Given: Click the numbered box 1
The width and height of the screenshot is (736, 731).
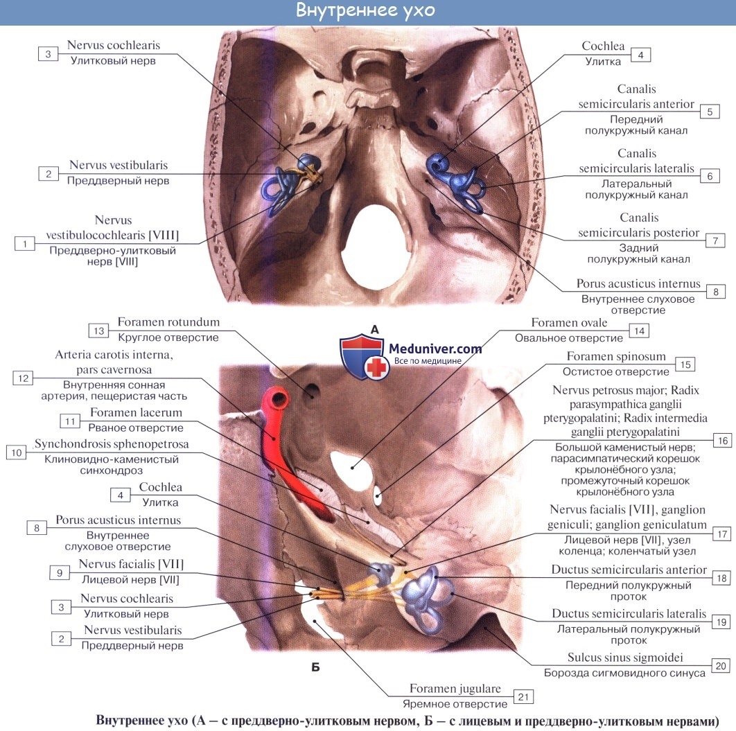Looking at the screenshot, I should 25,243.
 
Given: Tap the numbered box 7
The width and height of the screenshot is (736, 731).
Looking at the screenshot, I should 715,240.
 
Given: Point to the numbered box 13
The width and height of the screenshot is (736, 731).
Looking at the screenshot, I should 99,331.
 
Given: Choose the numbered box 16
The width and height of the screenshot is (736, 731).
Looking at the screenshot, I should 720,440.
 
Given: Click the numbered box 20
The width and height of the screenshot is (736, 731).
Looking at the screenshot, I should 720,666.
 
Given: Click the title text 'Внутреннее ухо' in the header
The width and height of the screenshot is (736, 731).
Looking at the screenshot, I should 367,11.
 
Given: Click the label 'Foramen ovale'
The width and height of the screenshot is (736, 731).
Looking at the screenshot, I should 569,323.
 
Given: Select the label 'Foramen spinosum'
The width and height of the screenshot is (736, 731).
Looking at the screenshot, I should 606,356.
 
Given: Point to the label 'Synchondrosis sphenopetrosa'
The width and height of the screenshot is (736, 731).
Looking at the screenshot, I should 112,444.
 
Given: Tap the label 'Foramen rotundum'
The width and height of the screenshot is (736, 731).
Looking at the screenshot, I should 168,322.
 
